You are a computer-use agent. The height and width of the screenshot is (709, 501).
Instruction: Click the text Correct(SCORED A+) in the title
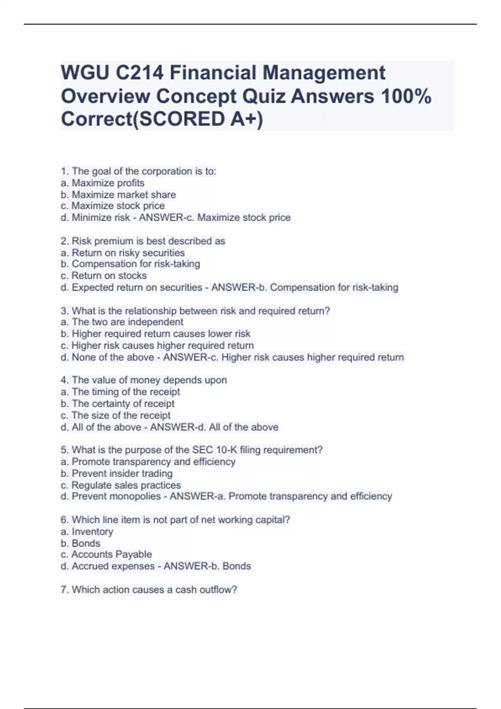162,119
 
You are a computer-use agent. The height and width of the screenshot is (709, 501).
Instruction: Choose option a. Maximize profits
103,183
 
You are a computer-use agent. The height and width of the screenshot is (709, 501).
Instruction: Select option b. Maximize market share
118,195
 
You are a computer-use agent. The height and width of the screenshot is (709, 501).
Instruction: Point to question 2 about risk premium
143,241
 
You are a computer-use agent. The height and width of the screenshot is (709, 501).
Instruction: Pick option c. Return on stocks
104,276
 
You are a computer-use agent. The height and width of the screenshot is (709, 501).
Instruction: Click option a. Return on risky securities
123,253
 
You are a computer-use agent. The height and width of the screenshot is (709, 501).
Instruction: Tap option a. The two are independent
122,322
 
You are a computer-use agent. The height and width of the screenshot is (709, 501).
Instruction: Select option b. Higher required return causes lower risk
155,334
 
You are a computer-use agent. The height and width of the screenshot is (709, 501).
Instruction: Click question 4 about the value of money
144,380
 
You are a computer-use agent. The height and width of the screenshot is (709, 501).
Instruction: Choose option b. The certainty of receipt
117,403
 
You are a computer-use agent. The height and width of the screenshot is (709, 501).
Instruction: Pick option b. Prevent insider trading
116,473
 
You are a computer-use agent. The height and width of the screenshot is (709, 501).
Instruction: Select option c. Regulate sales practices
121,485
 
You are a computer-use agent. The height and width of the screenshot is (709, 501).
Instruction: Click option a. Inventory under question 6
87,531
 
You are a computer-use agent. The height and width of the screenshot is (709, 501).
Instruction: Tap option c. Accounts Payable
106,554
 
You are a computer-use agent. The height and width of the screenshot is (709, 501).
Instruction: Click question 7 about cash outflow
149,590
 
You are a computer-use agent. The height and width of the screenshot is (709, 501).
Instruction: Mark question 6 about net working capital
175,520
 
